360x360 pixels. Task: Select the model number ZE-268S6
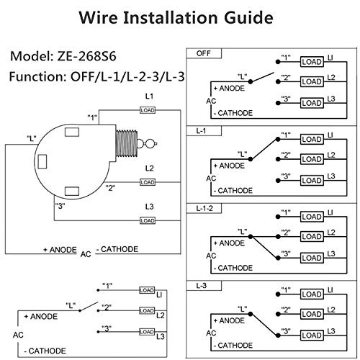point(86,56)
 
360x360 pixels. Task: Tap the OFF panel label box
point(204,53)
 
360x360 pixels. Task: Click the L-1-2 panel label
point(204,208)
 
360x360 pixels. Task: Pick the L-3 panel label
point(204,286)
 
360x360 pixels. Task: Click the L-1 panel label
point(204,131)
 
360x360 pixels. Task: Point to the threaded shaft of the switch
point(127,143)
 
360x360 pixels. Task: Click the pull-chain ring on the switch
point(150,144)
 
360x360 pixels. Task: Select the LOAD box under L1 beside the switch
point(148,110)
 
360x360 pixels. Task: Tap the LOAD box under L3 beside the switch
point(148,220)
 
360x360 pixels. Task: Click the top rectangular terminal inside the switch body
point(72,132)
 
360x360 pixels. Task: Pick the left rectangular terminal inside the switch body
point(42,161)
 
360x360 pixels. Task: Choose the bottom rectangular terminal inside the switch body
point(72,192)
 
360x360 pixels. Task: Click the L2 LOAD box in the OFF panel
point(312,82)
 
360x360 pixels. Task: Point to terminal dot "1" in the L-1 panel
point(278,139)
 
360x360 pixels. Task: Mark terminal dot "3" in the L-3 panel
point(278,336)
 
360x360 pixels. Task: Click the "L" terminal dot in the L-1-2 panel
point(251,237)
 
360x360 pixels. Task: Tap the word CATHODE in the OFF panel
point(235,113)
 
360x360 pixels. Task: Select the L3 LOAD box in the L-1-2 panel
point(312,258)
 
